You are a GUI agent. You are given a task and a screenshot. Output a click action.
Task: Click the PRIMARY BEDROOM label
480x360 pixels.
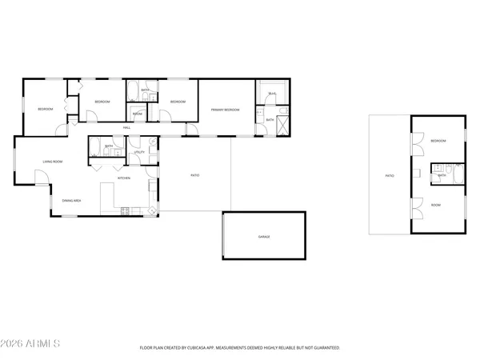(226, 110)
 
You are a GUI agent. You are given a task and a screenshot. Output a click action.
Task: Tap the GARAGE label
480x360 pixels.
(263, 238)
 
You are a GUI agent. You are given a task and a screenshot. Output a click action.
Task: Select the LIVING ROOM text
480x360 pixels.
(53, 162)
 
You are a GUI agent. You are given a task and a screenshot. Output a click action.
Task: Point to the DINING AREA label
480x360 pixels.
(71, 200)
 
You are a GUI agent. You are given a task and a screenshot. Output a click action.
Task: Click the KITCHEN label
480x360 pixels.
(124, 178)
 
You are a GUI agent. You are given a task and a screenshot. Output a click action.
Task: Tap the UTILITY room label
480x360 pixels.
(138, 151)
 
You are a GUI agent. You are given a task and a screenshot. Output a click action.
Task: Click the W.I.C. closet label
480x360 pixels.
(272, 94)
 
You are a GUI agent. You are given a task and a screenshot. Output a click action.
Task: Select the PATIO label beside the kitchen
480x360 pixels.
(194, 175)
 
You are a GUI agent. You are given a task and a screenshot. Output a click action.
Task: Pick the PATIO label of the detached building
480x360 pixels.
(390, 174)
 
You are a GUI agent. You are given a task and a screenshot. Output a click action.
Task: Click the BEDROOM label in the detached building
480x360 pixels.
(438, 141)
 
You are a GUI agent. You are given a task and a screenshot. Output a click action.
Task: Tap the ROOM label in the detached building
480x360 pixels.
(436, 205)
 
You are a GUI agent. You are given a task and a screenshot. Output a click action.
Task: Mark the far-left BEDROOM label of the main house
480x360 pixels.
(45, 109)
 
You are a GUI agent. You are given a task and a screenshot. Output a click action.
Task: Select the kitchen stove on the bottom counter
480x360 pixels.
(125, 211)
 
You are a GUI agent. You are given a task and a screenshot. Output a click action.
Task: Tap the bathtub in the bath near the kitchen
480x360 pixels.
(95, 146)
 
